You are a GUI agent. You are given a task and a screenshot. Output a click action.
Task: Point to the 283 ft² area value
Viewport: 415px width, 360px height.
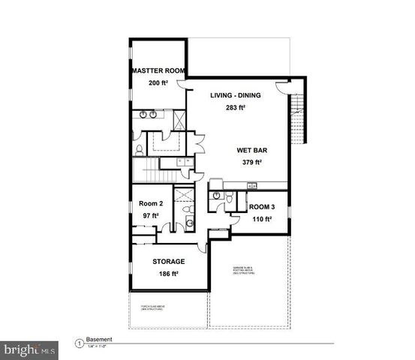(236, 107)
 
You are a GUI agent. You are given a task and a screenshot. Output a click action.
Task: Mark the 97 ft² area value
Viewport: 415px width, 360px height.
(151, 216)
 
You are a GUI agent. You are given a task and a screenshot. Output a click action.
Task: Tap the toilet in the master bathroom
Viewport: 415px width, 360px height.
(139, 150)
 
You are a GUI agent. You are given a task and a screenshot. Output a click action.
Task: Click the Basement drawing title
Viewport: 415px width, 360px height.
(99, 338)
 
